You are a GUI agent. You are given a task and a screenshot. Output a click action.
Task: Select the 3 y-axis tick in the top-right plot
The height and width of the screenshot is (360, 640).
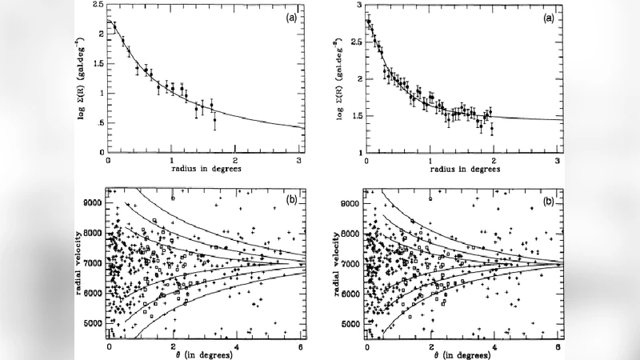point(358,6)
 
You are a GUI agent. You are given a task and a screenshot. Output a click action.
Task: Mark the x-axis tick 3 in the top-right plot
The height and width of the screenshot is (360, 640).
point(558,160)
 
